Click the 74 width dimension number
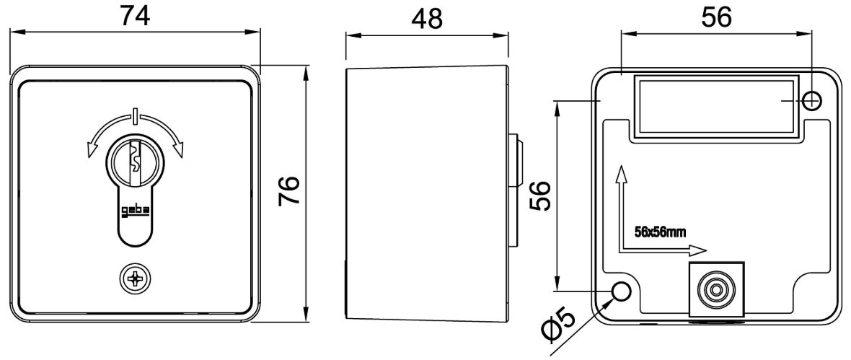coord(135,16)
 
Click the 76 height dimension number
coord(290,190)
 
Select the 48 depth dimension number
coord(427,19)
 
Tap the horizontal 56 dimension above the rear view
coord(716,17)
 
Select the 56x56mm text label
coord(660,232)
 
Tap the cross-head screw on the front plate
coord(135,280)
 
